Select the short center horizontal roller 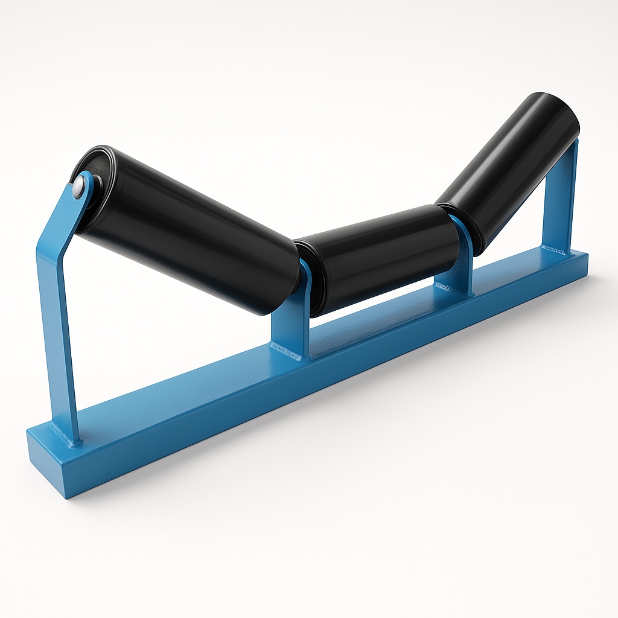coord(380,253)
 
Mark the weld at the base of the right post coord(555,249)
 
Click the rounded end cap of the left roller coord(91,163)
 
